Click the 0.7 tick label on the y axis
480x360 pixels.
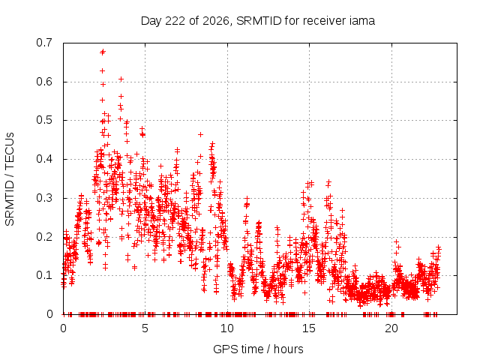[44, 43]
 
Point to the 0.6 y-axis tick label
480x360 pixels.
[44, 82]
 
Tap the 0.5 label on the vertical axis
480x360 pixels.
[44, 120]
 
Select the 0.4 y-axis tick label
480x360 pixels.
[44, 159]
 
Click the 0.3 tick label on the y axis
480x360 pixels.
[44, 198]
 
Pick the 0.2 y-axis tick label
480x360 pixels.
[44, 237]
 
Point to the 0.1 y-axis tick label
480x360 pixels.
[44, 275]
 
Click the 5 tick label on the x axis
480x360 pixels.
[145, 328]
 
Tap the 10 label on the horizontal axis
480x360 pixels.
[227, 328]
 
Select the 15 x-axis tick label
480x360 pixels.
[309, 328]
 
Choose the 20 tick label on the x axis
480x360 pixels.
[391, 328]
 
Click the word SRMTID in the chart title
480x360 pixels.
[259, 21]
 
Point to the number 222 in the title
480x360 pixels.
[175, 21]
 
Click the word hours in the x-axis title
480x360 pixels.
[288, 349]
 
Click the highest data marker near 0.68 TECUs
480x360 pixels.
[103, 52]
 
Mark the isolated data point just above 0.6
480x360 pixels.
[121, 79]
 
